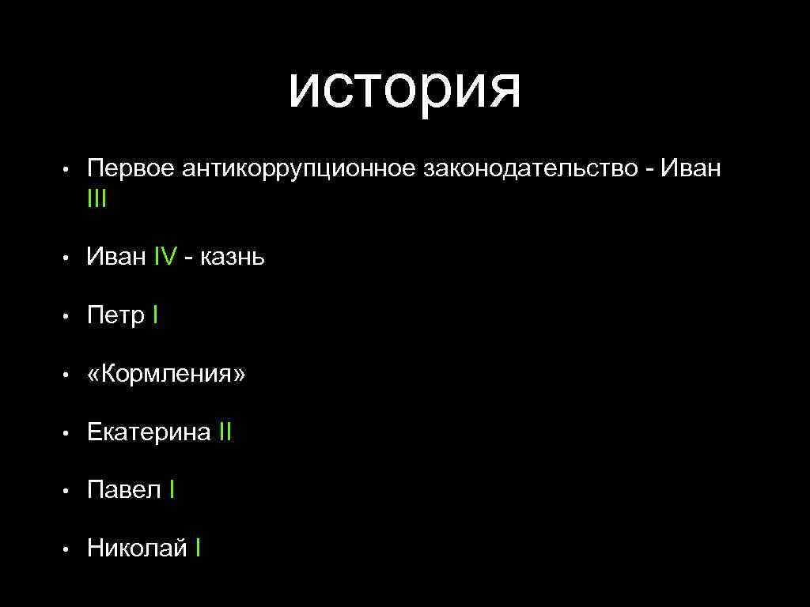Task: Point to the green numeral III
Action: point(97,199)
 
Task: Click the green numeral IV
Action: point(165,257)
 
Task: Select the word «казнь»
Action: point(233,257)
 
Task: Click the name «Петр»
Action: point(115,315)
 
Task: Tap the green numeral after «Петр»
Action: point(156,315)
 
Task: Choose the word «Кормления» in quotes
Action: point(166,374)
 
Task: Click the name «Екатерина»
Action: point(149,432)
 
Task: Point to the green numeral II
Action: point(225,432)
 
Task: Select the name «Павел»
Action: point(124,490)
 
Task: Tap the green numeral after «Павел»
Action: point(172,490)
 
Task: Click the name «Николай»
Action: point(137,548)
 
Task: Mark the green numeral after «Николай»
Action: point(199,548)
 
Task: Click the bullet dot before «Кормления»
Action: point(69,375)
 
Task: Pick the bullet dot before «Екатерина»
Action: point(69,433)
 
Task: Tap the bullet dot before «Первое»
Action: point(69,170)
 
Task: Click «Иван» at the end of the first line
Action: point(691,168)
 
